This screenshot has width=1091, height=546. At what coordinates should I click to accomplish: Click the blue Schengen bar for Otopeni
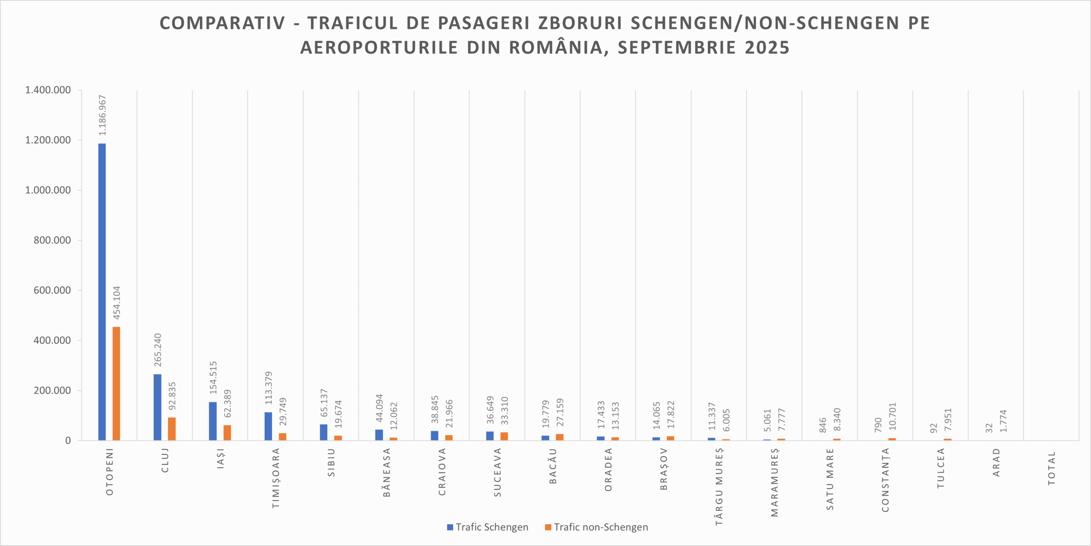click(102, 292)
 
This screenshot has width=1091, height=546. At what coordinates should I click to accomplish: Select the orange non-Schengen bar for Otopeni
click(116, 384)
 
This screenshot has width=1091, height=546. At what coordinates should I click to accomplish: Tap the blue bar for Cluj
click(157, 407)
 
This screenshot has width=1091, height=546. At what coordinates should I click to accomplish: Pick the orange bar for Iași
click(227, 433)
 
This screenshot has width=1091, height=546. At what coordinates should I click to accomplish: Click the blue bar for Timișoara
click(268, 426)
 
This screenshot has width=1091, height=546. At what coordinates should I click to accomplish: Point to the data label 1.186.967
click(102, 116)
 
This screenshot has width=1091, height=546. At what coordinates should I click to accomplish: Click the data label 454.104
click(117, 303)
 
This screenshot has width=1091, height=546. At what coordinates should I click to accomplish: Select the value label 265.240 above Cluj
click(158, 350)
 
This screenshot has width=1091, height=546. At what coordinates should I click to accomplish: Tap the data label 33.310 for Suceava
click(505, 410)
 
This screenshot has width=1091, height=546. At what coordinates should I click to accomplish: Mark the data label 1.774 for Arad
click(1003, 421)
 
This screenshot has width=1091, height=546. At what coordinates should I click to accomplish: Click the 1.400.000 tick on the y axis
click(48, 90)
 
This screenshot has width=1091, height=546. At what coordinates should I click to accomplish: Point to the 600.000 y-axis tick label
click(52, 290)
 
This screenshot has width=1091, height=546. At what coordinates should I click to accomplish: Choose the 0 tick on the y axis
click(68, 441)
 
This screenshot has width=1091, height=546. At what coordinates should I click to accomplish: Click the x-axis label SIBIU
click(332, 462)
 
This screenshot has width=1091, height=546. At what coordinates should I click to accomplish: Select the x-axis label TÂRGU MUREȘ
click(719, 486)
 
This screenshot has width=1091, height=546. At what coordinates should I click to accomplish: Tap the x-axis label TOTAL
click(1052, 468)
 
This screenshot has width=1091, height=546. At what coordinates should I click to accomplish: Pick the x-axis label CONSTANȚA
click(886, 480)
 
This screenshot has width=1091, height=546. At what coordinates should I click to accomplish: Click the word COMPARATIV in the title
click(222, 23)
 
